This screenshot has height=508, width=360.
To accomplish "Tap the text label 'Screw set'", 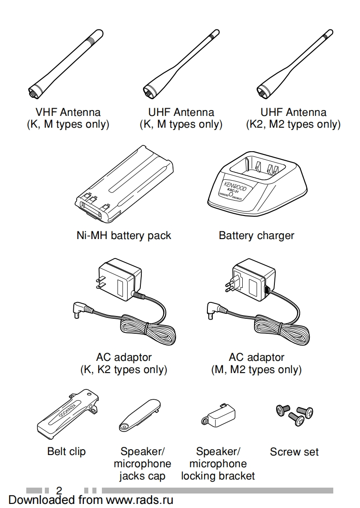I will (x=294, y=451).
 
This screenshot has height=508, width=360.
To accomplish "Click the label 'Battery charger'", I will (x=256, y=235).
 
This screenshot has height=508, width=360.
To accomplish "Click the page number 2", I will (x=59, y=490).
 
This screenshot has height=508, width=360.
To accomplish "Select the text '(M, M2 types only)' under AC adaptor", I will (x=256, y=369).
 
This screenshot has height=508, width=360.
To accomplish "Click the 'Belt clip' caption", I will (x=66, y=451).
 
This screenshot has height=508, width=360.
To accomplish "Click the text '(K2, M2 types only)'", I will (x=293, y=124).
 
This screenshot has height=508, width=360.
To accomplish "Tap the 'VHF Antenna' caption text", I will (x=68, y=112).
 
